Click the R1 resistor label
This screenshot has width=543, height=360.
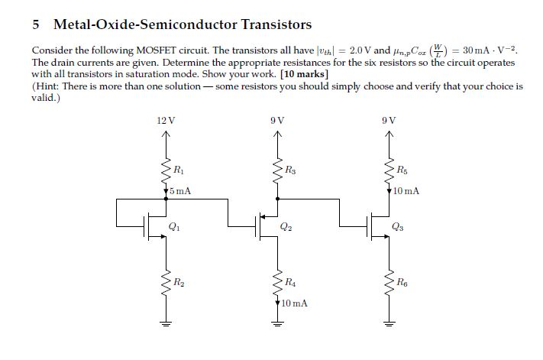(x=178, y=168)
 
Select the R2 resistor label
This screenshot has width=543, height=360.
(x=178, y=283)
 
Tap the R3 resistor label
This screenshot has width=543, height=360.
(x=291, y=168)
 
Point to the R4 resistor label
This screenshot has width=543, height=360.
(x=291, y=284)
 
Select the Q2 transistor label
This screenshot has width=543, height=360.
(x=286, y=226)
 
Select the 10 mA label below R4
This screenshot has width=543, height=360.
(x=294, y=303)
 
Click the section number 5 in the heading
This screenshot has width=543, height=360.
(x=36, y=25)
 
